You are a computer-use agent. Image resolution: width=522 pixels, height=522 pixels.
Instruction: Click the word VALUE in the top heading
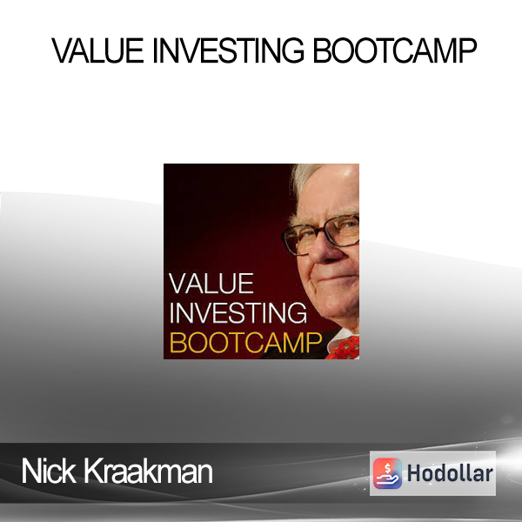[97, 50]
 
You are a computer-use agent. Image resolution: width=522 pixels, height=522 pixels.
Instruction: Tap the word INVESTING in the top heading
[228, 50]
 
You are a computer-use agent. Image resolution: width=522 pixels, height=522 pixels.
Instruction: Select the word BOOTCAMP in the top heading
[395, 50]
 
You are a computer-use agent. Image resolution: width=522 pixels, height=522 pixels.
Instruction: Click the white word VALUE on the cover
[211, 284]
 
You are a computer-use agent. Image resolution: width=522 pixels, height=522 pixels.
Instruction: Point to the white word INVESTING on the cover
[238, 312]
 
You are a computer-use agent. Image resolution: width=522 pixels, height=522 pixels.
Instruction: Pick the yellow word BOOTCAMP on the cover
[245, 342]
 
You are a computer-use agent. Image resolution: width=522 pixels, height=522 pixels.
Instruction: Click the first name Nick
[49, 471]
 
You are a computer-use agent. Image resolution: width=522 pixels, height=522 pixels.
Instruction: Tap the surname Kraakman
[148, 471]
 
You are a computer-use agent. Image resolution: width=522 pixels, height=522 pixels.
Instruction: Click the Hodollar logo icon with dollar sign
[387, 473]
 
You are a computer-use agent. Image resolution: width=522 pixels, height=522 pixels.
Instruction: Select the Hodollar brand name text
[450, 473]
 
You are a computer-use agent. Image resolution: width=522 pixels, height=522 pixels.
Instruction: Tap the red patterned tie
[344, 348]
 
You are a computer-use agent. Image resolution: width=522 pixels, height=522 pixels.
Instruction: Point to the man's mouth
[336, 277]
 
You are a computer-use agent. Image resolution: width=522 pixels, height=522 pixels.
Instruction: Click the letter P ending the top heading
[467, 50]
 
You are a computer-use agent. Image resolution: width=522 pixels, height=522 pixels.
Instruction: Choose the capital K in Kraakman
[92, 471]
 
